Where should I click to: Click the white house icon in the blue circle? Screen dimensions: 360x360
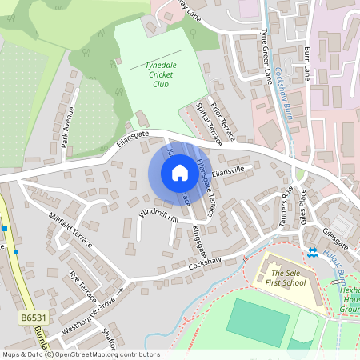pyautogui.click(x=179, y=173)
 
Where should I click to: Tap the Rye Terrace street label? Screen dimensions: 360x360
pyautogui.click(x=82, y=283)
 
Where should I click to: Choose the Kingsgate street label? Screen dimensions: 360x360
pyautogui.click(x=197, y=235)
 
